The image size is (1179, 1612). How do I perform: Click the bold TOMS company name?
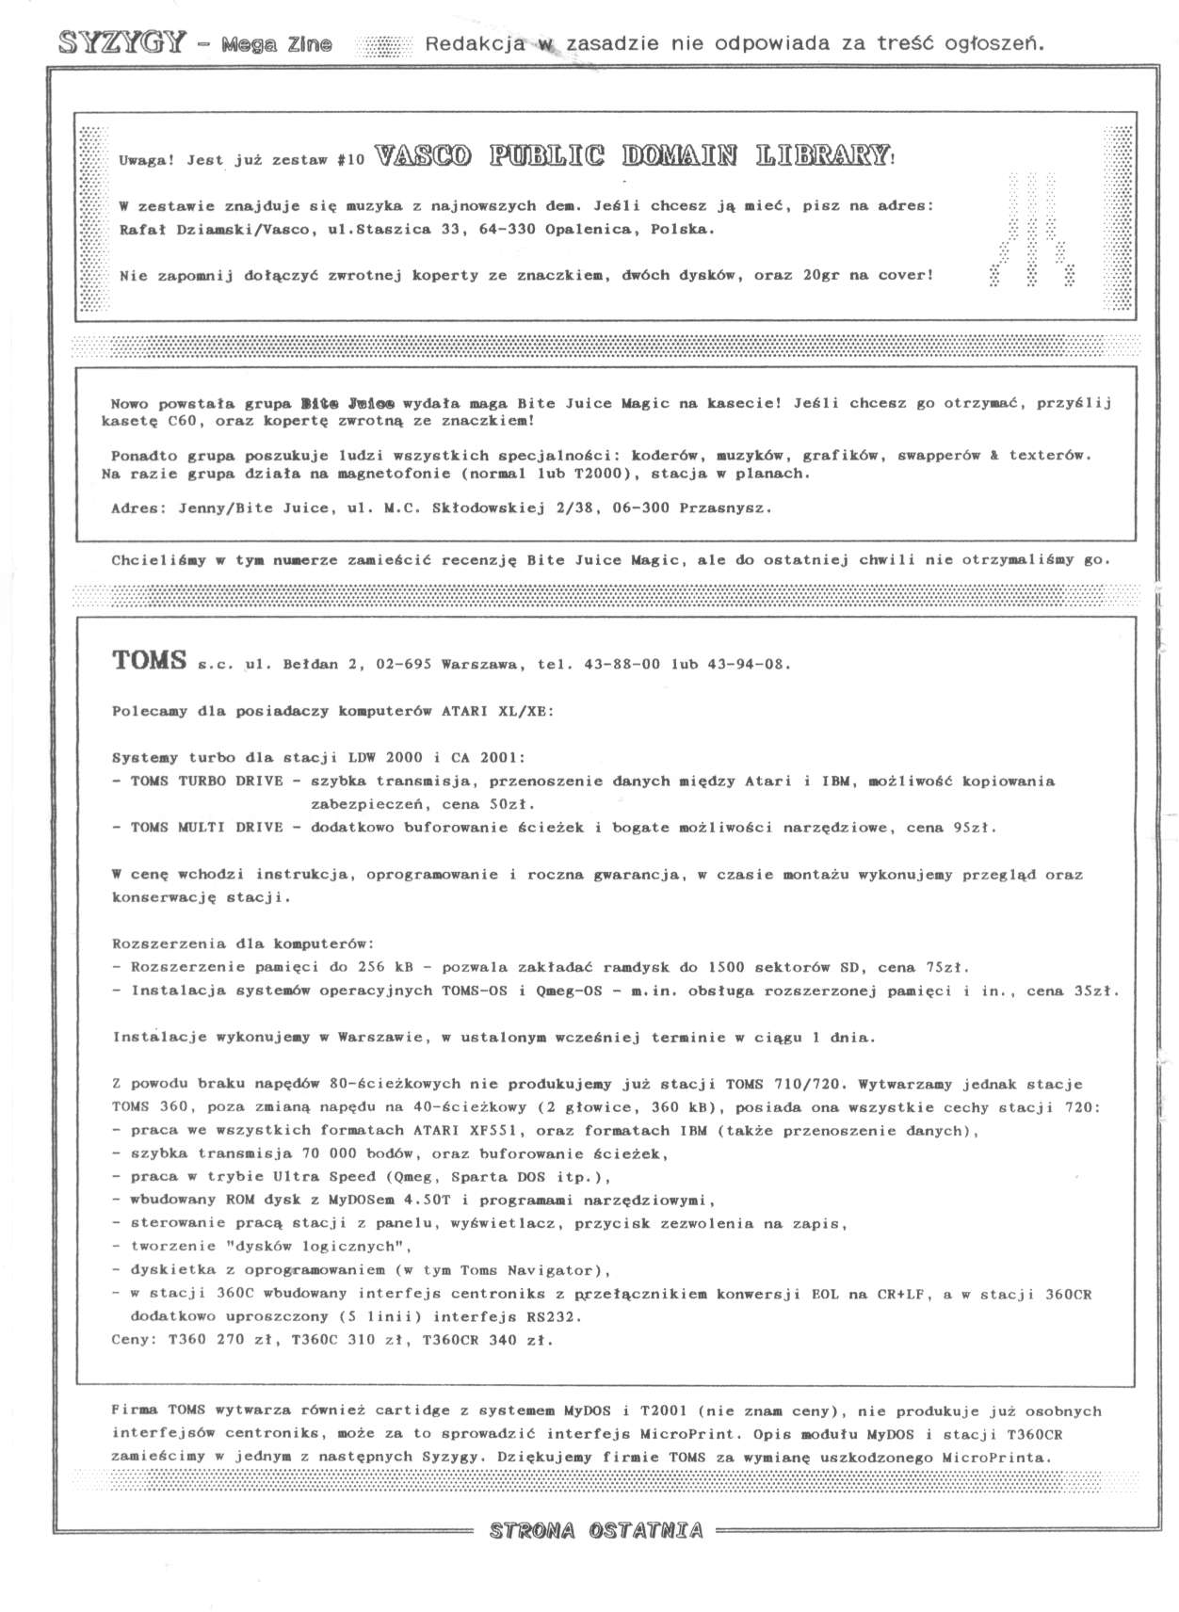click(149, 661)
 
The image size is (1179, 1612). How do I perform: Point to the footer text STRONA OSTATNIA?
click(596, 1531)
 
